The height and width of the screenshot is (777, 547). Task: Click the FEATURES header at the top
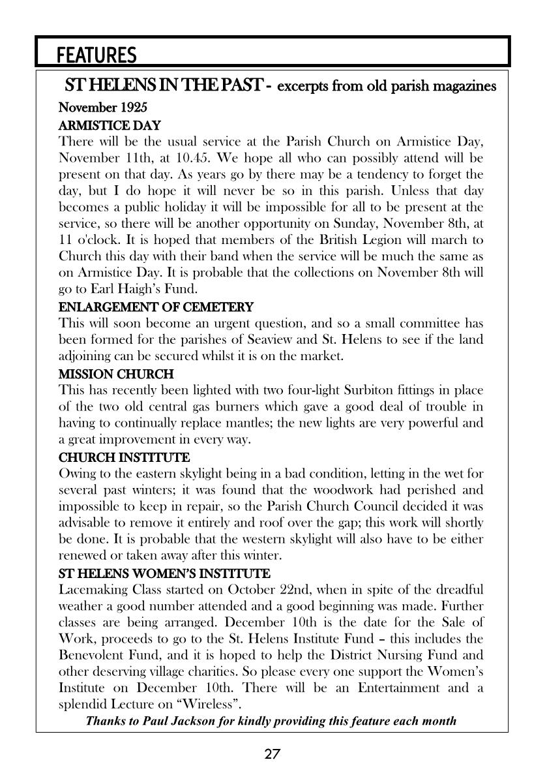tap(96, 55)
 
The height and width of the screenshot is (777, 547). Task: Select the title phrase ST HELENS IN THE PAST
tap(163, 85)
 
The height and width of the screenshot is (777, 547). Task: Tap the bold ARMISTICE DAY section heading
tap(110, 125)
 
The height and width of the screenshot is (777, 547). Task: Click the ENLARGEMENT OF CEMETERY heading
tap(156, 307)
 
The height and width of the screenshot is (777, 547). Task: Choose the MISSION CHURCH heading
tap(116, 374)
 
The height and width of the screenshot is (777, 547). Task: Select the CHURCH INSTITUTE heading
tap(124, 457)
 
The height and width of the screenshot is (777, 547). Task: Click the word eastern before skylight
tap(158, 473)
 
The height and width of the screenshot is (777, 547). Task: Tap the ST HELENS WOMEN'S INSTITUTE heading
tap(164, 573)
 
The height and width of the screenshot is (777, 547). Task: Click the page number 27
tap(273, 755)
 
